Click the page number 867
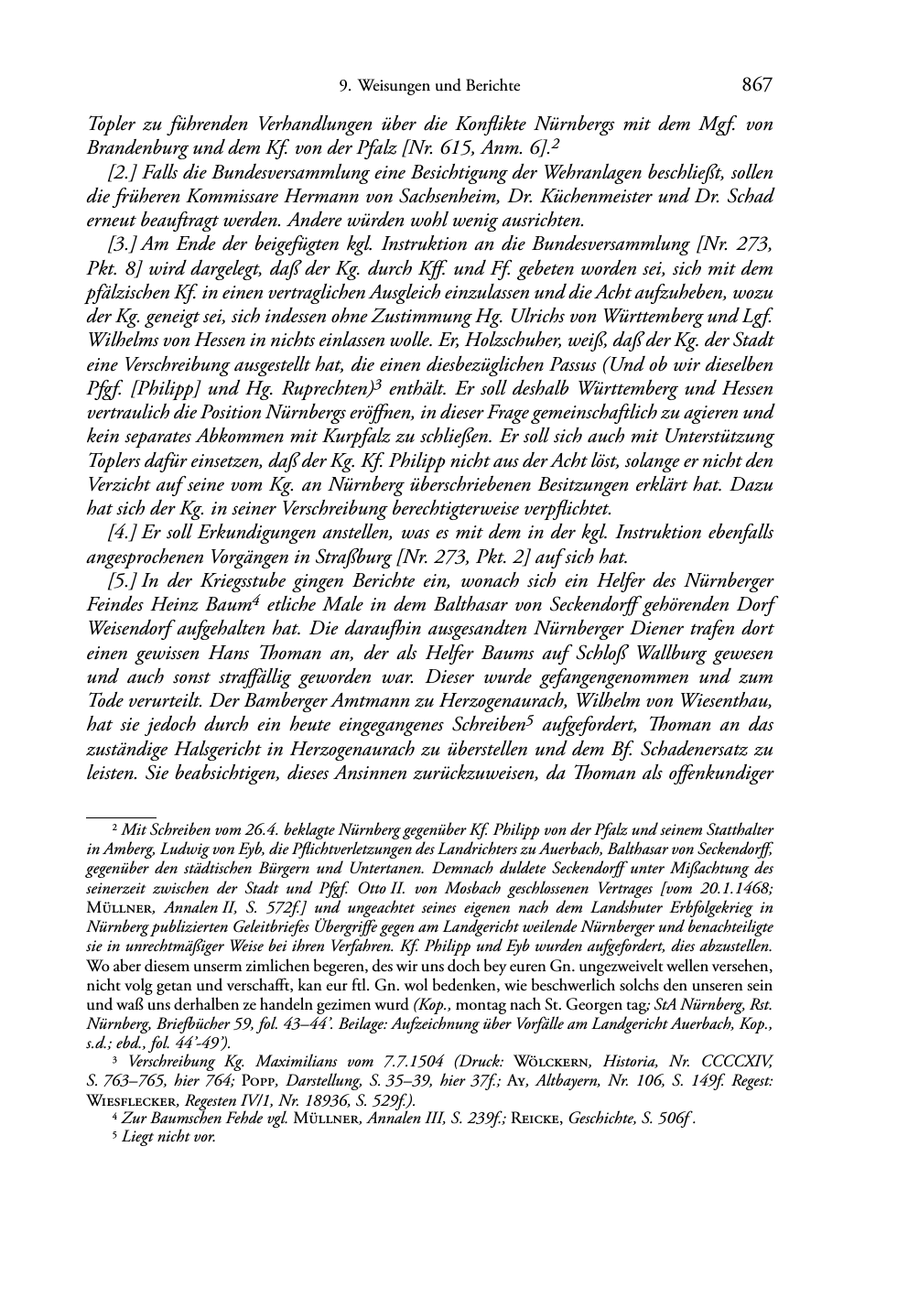coord(758,85)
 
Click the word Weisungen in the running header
coord(396,86)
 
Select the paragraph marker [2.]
coord(123,173)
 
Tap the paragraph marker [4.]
coord(123,533)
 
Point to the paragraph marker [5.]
coord(123,581)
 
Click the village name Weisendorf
coord(138,629)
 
